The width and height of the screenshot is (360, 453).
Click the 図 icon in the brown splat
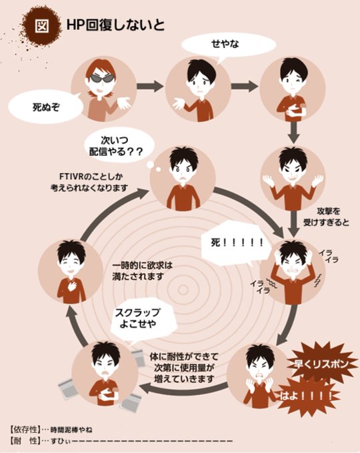point(41,26)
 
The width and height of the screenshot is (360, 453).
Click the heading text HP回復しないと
point(115,25)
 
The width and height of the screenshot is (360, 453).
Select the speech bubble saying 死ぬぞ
point(46,108)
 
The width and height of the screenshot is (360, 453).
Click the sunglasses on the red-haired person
point(102,78)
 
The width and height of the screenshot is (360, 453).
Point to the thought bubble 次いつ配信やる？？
point(119,146)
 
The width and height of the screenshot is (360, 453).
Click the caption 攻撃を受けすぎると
point(325,217)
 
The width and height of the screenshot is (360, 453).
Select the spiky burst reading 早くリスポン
point(321,364)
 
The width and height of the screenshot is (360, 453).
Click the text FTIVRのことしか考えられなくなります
point(89,183)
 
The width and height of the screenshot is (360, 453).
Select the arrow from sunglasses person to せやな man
point(150,86)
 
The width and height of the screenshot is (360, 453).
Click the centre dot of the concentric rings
point(183,290)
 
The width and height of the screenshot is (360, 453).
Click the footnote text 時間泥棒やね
point(71,430)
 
